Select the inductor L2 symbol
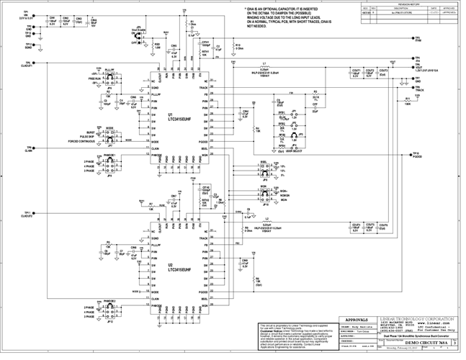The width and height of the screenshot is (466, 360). (266, 220)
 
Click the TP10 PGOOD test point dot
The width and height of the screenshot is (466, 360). (409, 154)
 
